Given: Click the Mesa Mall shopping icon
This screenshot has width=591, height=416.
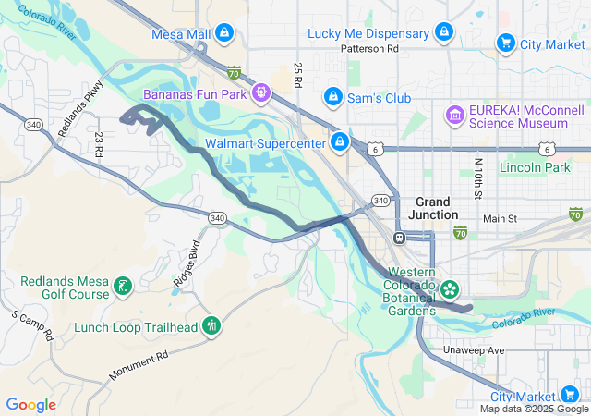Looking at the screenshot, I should [x=224, y=34].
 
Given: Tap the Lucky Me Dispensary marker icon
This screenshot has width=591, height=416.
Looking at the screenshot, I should [x=444, y=33].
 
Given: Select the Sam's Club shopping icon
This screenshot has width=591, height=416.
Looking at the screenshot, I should [x=332, y=97].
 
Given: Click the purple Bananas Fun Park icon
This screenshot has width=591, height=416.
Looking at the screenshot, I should [x=261, y=93].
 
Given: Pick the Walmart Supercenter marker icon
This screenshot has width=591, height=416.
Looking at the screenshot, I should [x=340, y=142].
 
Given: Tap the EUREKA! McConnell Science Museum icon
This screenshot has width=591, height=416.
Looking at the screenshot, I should [x=454, y=115].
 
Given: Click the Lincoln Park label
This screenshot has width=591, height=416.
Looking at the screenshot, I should [x=535, y=167].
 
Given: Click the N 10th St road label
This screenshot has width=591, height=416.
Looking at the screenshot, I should [x=477, y=176].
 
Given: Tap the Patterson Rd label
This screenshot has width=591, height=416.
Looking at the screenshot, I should [x=368, y=48].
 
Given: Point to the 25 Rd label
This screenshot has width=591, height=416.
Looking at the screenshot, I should [x=298, y=76].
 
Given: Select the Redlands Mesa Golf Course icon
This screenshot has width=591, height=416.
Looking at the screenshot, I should [x=121, y=288].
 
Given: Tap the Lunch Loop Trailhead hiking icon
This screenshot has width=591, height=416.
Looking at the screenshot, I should [x=211, y=325].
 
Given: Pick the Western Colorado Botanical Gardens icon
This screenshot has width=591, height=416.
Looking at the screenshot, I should [x=450, y=289].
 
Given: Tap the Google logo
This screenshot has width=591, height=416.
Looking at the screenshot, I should [x=30, y=405].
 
